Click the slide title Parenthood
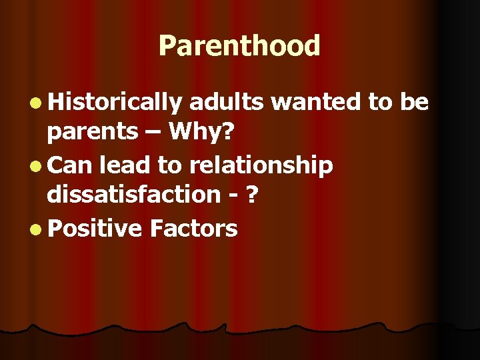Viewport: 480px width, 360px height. pyautogui.click(x=239, y=47)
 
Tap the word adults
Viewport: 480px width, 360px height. pyautogui.click(x=227, y=101)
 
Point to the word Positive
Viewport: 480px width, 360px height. pyautogui.click(x=95, y=229)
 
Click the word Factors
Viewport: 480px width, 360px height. pyautogui.click(x=193, y=229)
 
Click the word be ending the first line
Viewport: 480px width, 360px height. pyautogui.click(x=414, y=101)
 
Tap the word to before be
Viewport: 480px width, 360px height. pyautogui.click(x=380, y=101)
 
